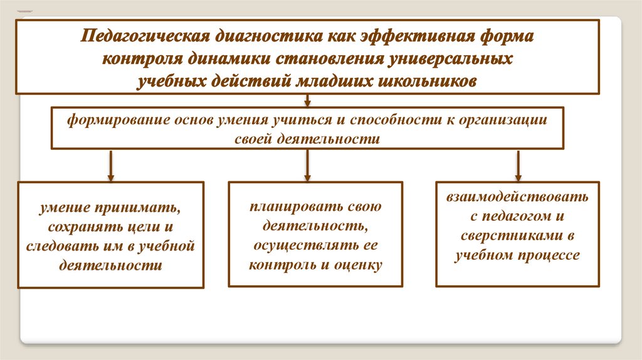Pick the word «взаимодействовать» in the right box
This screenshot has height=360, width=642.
517,198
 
